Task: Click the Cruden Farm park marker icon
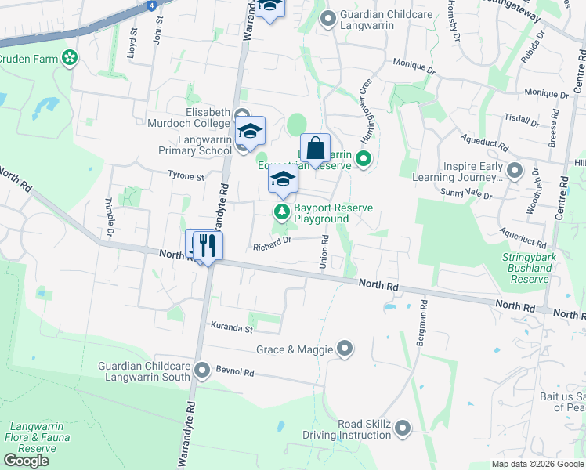click(71, 57)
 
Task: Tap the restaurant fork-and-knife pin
click(208, 245)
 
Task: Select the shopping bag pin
click(315, 148)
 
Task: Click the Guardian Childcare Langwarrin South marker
click(203, 370)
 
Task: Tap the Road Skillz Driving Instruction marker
click(403, 428)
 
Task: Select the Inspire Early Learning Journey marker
click(515, 170)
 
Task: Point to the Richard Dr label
click(272, 248)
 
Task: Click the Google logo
click(26, 461)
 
